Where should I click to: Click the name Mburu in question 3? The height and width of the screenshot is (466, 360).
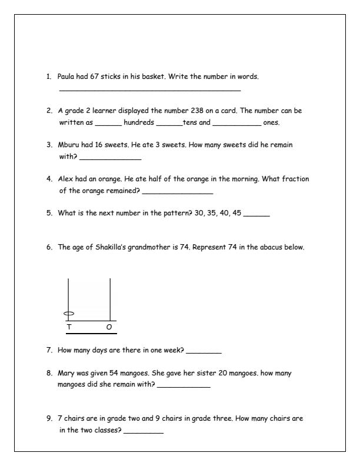click(x=68, y=144)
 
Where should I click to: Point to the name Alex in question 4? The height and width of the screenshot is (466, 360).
click(x=65, y=178)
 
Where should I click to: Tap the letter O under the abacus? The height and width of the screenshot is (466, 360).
click(x=109, y=327)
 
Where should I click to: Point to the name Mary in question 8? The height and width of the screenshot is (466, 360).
click(x=65, y=373)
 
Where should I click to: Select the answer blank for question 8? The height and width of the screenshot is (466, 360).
click(x=184, y=387)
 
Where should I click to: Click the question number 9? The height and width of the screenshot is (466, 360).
click(x=50, y=419)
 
